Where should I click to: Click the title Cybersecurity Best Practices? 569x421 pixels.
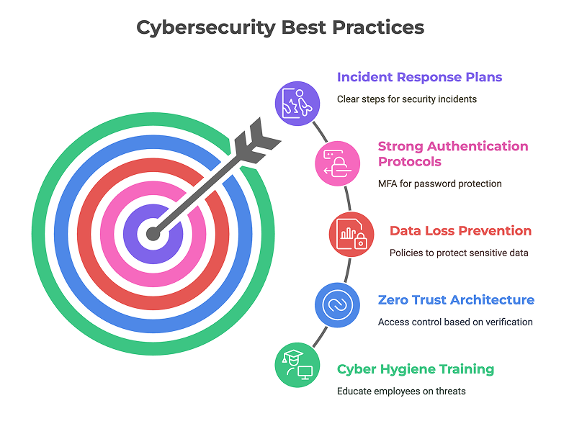coord(280,27)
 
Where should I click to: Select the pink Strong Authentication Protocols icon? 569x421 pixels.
coord(338,163)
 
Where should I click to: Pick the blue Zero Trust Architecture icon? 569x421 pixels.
coord(338,305)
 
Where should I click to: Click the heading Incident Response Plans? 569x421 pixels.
coord(419,77)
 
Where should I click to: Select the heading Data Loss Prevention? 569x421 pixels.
coord(460,231)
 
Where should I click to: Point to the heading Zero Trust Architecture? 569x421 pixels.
coord(456,300)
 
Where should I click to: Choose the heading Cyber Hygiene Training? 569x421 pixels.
coord(416,369)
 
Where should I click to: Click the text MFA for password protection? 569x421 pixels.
coord(439,184)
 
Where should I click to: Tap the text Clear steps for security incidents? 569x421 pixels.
coord(407,99)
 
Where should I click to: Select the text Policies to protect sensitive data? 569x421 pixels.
coord(459,253)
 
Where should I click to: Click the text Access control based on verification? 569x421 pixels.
coord(455,322)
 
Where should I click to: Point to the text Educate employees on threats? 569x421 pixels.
coord(401,391)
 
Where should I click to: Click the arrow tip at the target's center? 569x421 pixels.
coord(153,234)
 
